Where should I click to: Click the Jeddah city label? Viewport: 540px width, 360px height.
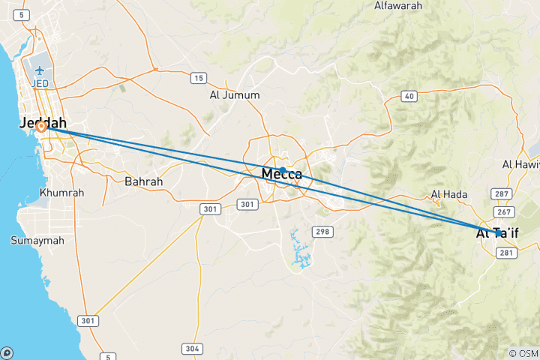tap(43, 123)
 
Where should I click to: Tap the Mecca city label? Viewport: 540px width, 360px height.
tap(282, 175)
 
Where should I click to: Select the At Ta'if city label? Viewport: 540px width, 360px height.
tap(497, 234)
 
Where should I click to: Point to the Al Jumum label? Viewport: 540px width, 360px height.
tap(235, 95)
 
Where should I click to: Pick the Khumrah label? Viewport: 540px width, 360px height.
tap(61, 193)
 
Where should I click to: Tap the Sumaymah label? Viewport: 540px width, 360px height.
tap(34, 241)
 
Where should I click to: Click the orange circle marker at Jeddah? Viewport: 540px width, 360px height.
tap(41, 127)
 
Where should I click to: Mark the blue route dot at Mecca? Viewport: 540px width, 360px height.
tap(283, 170)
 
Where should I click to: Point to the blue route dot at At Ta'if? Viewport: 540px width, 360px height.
tap(498, 233)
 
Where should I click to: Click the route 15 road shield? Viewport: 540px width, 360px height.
tap(199, 78)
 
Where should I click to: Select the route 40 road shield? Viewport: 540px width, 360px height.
tap(409, 95)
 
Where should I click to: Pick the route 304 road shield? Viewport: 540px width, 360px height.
tap(191, 349)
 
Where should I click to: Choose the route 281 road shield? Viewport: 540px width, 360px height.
tap(506, 253)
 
